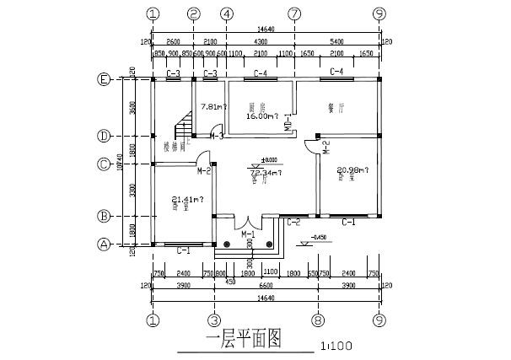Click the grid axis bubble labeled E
[x=103, y=80]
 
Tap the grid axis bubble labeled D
[x=103, y=136]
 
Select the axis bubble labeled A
[x=103, y=244]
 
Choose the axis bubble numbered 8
[x=316, y=320]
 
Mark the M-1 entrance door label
[x=248, y=233]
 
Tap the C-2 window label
[x=293, y=223]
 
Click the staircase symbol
[x=182, y=130]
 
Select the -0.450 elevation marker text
[x=320, y=236]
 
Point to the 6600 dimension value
[x=265, y=286]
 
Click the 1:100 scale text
[x=336, y=346]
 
